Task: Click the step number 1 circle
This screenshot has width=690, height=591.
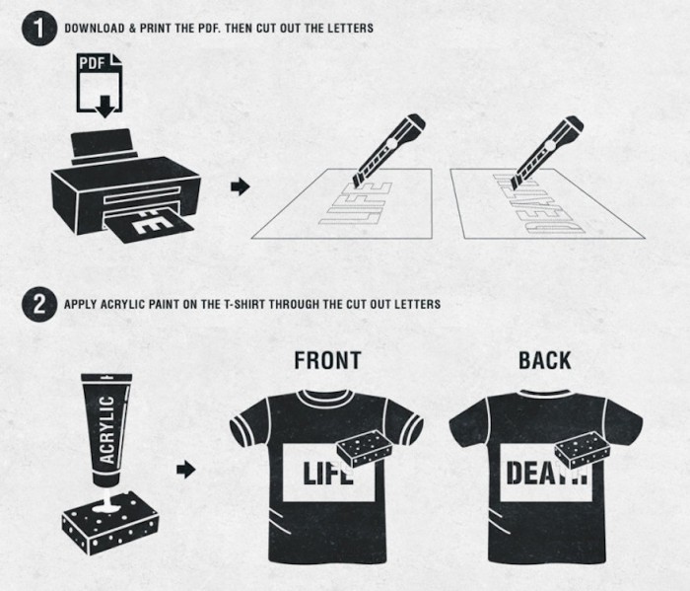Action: click(x=38, y=29)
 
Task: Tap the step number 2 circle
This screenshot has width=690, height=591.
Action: click(x=38, y=304)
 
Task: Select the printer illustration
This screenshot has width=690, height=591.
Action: click(x=126, y=185)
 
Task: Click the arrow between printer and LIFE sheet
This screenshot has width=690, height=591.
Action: click(x=241, y=186)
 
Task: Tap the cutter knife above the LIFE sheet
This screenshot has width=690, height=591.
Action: click(x=388, y=149)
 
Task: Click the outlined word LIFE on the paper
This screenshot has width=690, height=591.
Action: click(x=355, y=203)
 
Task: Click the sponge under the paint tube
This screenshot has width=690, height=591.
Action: click(x=110, y=522)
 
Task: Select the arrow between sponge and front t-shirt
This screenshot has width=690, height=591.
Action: click(x=185, y=469)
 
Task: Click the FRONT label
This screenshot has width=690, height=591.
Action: click(x=328, y=360)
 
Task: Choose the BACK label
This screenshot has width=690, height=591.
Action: click(x=545, y=360)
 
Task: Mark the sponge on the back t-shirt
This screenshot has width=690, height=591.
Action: click(x=583, y=450)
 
